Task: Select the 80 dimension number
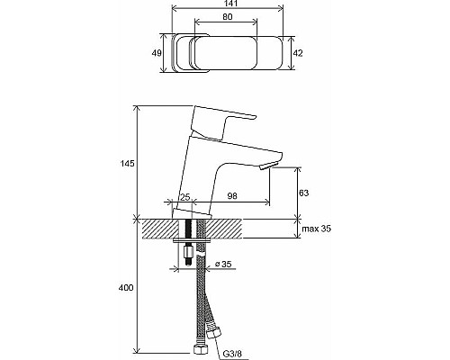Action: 227,17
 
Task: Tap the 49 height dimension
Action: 157,53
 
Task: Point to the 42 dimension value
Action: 298,53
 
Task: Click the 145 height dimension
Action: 128,164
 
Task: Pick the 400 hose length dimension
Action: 126,288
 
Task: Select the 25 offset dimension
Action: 185,197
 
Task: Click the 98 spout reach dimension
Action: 232,196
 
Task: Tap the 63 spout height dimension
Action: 303,193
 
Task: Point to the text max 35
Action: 317,229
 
